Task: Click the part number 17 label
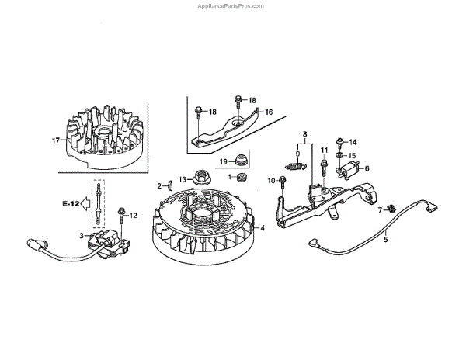click(x=55, y=140)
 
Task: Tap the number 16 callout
click(x=269, y=112)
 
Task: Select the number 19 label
click(x=222, y=161)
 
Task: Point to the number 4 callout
click(x=263, y=227)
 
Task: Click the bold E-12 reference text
click(x=71, y=203)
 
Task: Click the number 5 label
click(x=386, y=240)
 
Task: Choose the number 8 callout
click(x=305, y=133)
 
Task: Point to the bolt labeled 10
click(x=283, y=182)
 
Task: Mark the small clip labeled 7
click(x=393, y=207)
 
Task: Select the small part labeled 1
click(x=240, y=180)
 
